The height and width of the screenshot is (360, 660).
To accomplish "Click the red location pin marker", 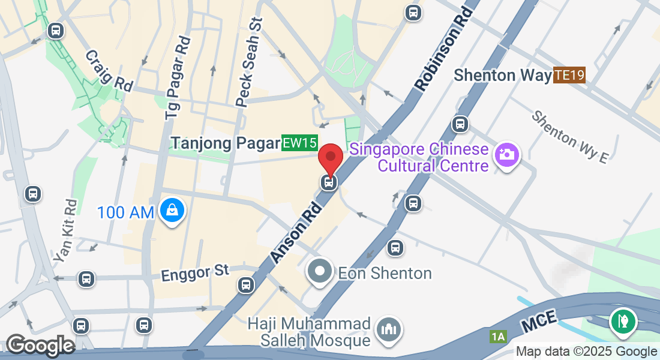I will [330, 157].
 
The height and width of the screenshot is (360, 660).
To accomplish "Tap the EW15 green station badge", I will [299, 143].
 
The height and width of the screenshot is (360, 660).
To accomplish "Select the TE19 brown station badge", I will [569, 75].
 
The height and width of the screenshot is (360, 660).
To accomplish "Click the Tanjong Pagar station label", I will [226, 143].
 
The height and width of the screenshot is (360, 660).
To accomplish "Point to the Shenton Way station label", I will [502, 75].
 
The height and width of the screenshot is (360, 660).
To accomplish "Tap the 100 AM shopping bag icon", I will [172, 211].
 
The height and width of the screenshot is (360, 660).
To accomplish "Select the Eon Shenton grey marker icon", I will [320, 271].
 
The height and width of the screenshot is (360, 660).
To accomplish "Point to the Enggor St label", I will [195, 273].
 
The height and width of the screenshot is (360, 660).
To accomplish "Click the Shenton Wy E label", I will [570, 136].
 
